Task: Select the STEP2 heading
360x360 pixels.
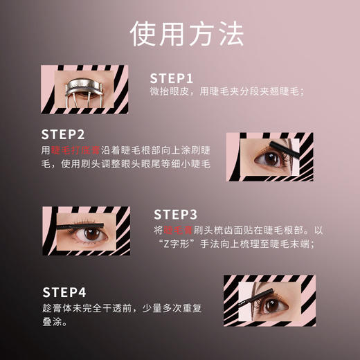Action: pos(63,134)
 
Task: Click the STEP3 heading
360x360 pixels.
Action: pos(175,214)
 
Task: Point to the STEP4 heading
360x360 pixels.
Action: pos(64,291)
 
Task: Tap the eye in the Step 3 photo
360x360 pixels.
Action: pos(91,235)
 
